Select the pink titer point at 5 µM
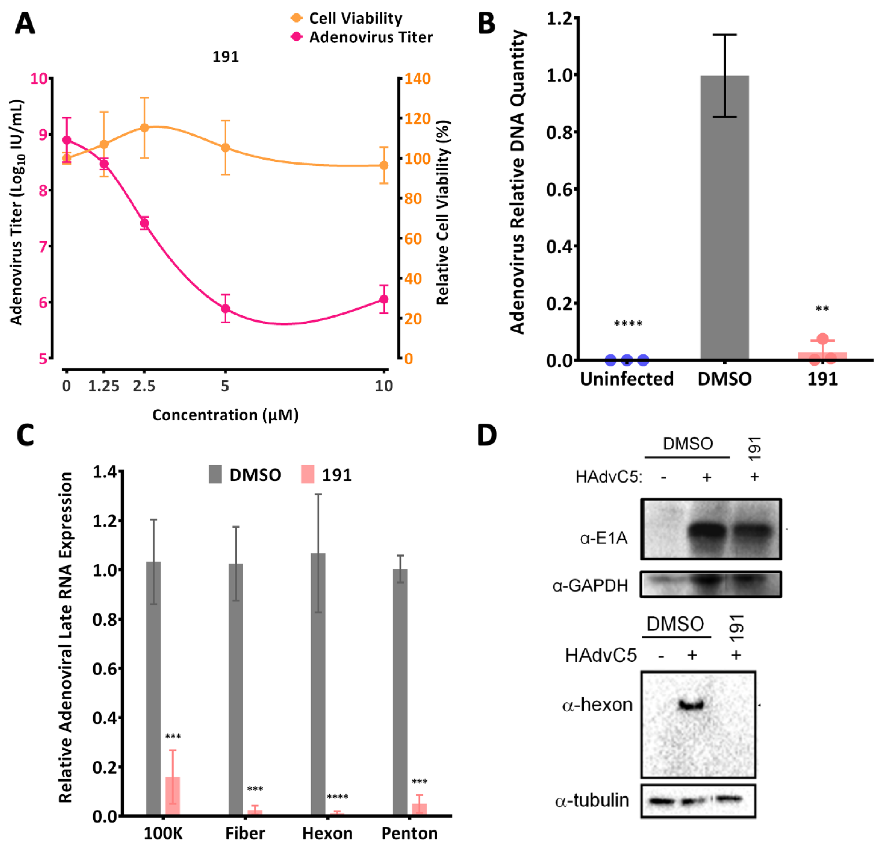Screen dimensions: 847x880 click(x=225, y=309)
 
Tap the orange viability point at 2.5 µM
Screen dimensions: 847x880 click(x=144, y=128)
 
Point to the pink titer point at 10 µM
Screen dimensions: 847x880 click(x=384, y=299)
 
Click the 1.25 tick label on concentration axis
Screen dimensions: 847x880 click(x=104, y=386)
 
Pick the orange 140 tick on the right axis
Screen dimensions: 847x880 click(x=417, y=79)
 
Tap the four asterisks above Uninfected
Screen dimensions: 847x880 click(x=628, y=324)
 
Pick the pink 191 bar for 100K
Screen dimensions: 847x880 click(x=173, y=795)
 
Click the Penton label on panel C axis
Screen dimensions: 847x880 click(x=409, y=834)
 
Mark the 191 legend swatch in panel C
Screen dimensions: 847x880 click(x=307, y=475)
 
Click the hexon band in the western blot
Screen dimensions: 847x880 click(x=691, y=705)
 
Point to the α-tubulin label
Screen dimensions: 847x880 click(x=592, y=800)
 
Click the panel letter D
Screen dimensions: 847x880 click(x=487, y=436)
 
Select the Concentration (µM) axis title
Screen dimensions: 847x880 click(x=225, y=415)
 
